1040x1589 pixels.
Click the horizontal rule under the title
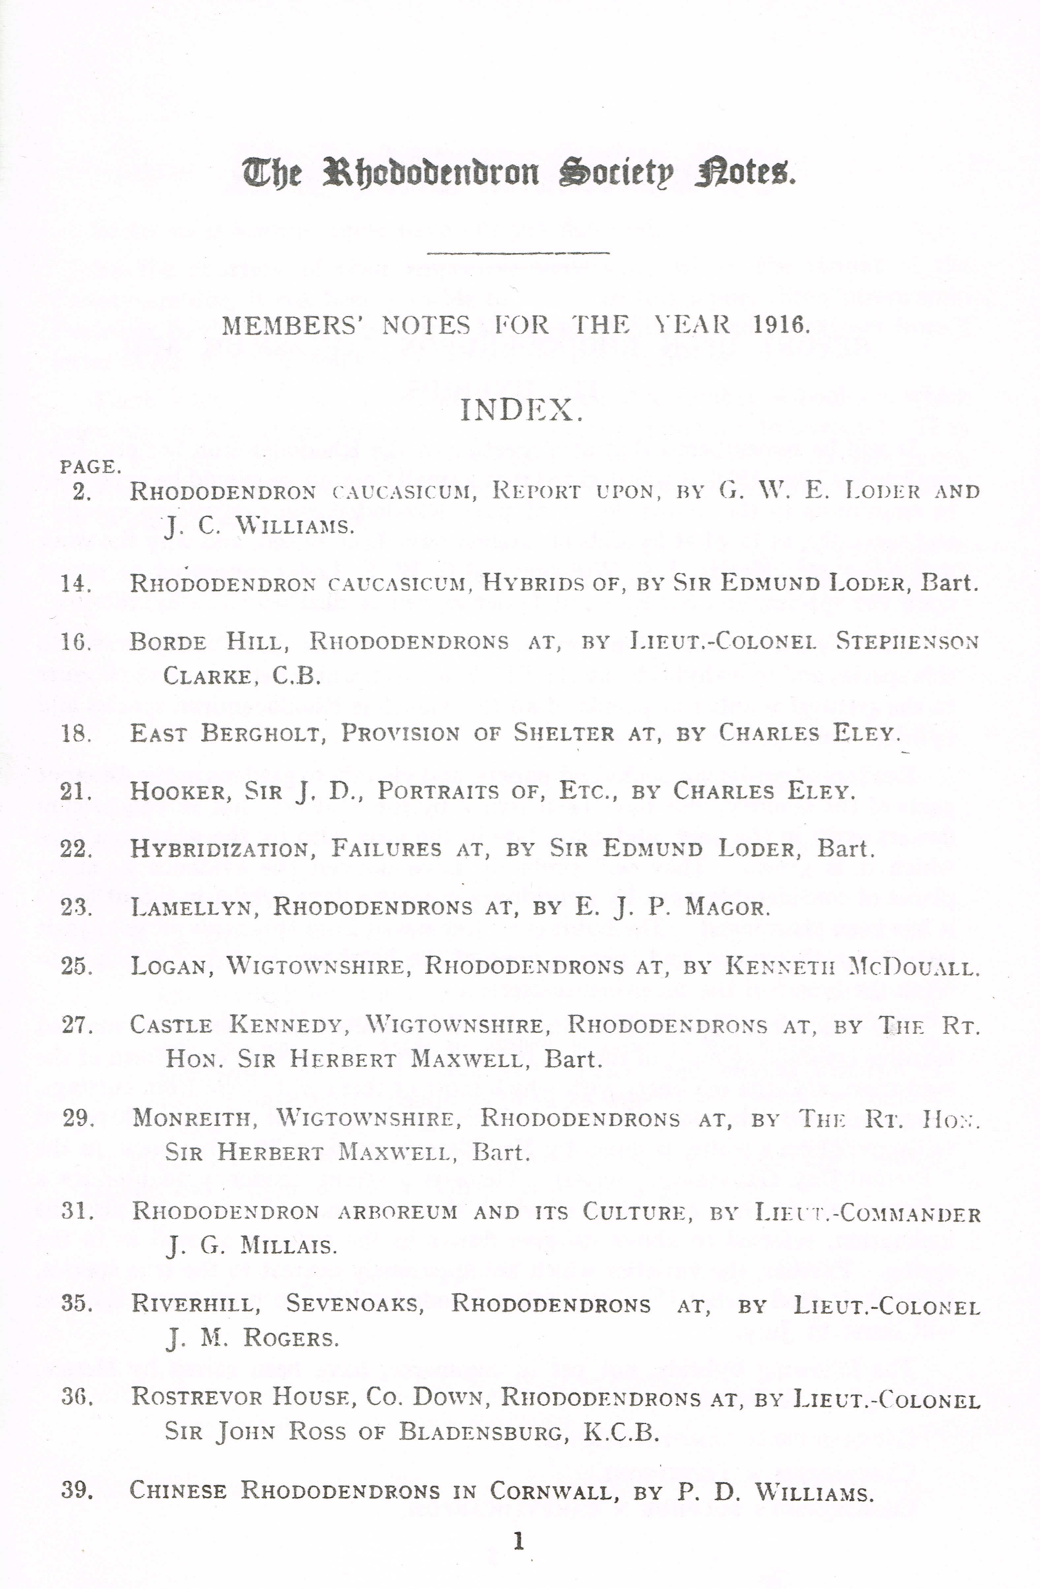coord(518,252)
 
